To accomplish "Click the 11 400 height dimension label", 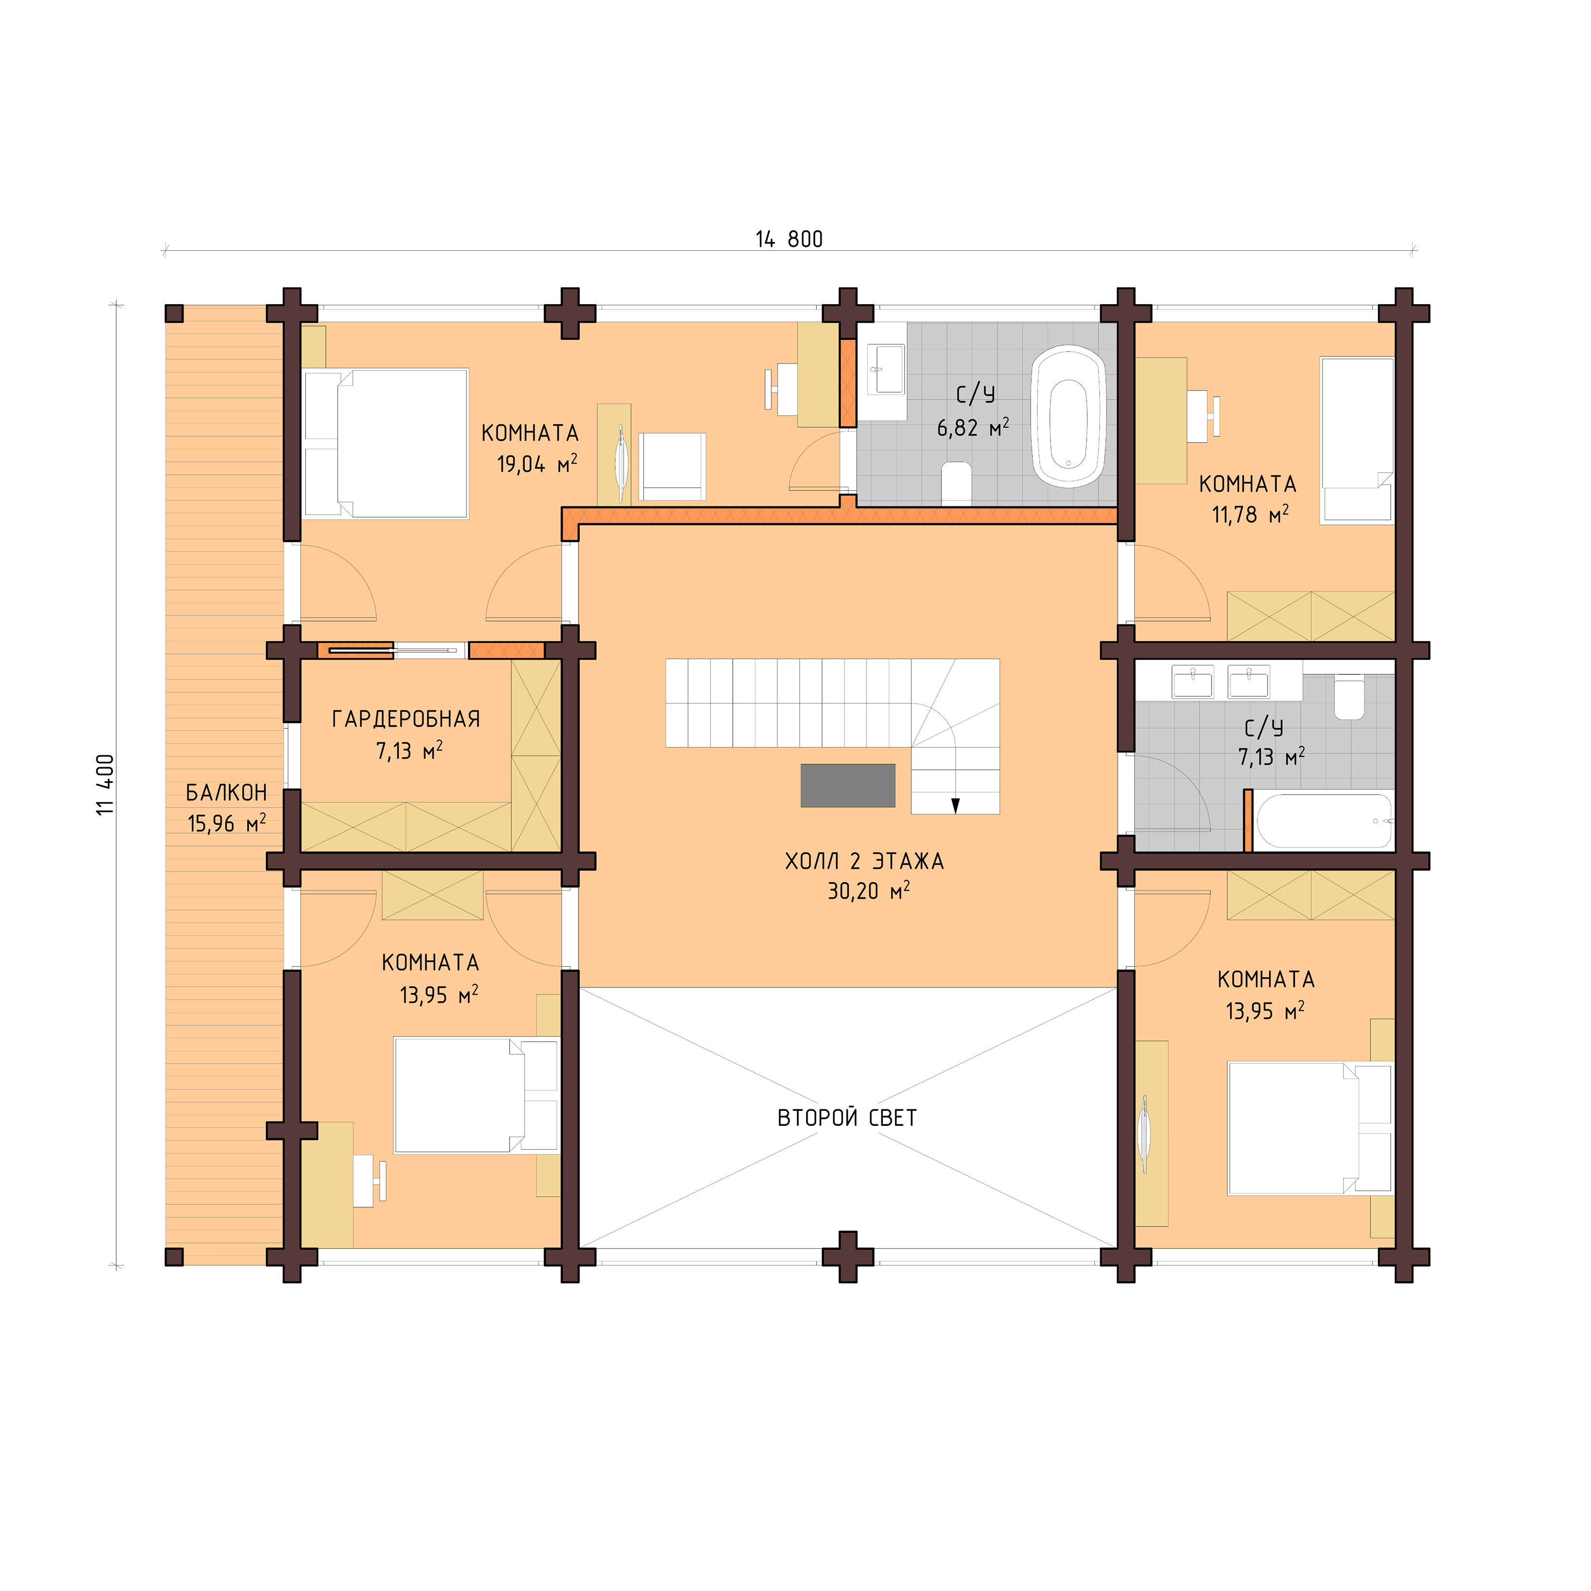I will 106,785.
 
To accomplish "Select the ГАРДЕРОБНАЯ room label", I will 406,719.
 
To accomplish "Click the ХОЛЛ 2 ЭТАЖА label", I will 864,862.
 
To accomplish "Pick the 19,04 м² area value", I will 536,464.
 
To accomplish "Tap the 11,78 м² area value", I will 1249,515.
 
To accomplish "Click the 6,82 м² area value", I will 972,427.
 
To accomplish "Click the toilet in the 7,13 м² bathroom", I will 1349,696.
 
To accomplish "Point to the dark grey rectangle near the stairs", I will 848,785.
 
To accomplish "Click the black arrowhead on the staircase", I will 955,805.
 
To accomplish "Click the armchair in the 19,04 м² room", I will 673,466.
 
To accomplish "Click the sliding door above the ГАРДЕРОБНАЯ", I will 393,650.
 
